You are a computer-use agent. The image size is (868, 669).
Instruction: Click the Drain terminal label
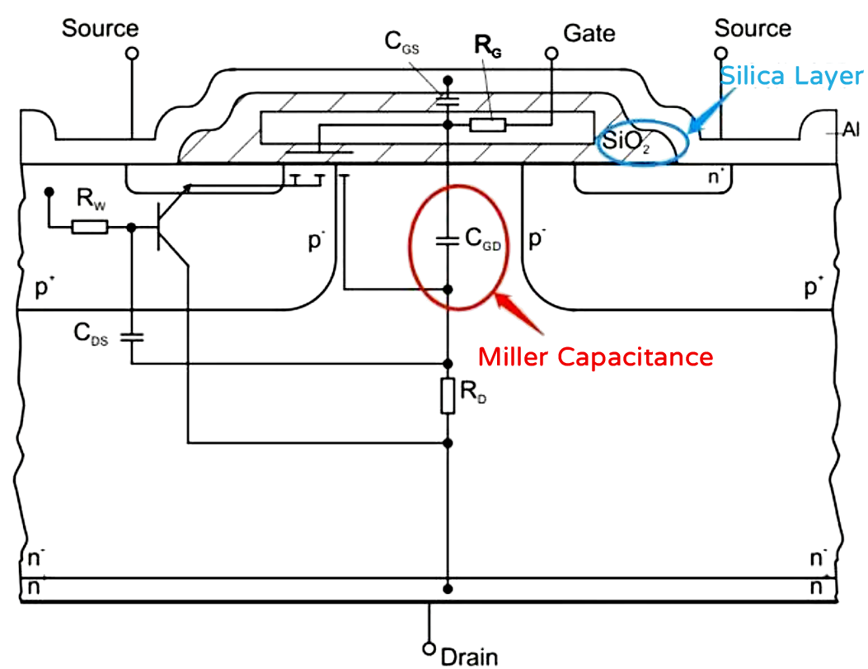(x=469, y=656)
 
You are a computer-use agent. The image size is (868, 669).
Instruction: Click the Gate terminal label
(x=589, y=33)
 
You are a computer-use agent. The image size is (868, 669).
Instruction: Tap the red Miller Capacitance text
(x=595, y=357)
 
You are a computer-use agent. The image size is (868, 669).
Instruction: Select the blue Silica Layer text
(x=791, y=76)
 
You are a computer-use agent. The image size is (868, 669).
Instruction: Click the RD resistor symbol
(x=448, y=396)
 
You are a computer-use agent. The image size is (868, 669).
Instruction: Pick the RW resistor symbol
(x=89, y=227)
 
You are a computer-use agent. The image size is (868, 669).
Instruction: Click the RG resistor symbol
(x=487, y=125)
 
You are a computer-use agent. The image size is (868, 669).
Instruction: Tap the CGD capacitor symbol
(x=448, y=241)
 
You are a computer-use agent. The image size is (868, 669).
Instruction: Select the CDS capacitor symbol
(x=132, y=336)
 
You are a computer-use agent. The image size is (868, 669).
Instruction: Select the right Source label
(x=752, y=28)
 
